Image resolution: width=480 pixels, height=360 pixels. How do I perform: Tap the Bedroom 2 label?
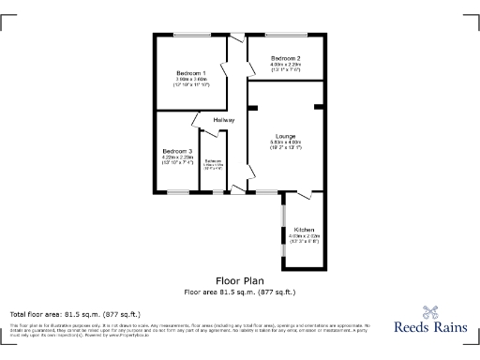(285, 59)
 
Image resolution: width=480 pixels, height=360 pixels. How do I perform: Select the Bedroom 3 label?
(176, 152)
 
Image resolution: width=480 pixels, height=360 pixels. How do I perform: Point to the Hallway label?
(223, 121)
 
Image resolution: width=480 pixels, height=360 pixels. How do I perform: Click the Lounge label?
(285, 136)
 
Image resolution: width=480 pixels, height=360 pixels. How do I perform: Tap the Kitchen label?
(305, 230)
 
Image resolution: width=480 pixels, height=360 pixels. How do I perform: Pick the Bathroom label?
(213, 160)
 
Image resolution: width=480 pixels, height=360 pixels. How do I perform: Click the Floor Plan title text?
(239, 280)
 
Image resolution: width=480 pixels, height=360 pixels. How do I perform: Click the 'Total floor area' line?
(75, 313)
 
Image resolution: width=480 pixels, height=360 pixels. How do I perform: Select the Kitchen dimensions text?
(305, 238)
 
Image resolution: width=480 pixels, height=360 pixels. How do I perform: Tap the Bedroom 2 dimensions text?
(285, 67)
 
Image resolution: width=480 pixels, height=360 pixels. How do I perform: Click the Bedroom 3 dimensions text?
(176, 160)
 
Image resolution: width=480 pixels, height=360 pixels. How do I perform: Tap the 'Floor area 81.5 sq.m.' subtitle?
(239, 291)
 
